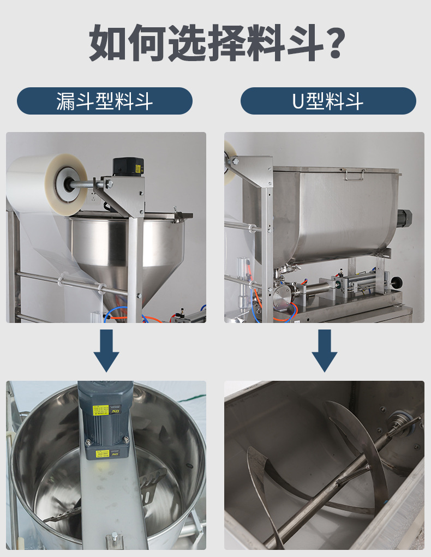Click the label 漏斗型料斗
click(x=105, y=101)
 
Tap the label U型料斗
click(x=328, y=101)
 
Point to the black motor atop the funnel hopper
click(x=128, y=167)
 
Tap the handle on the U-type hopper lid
click(x=353, y=174)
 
